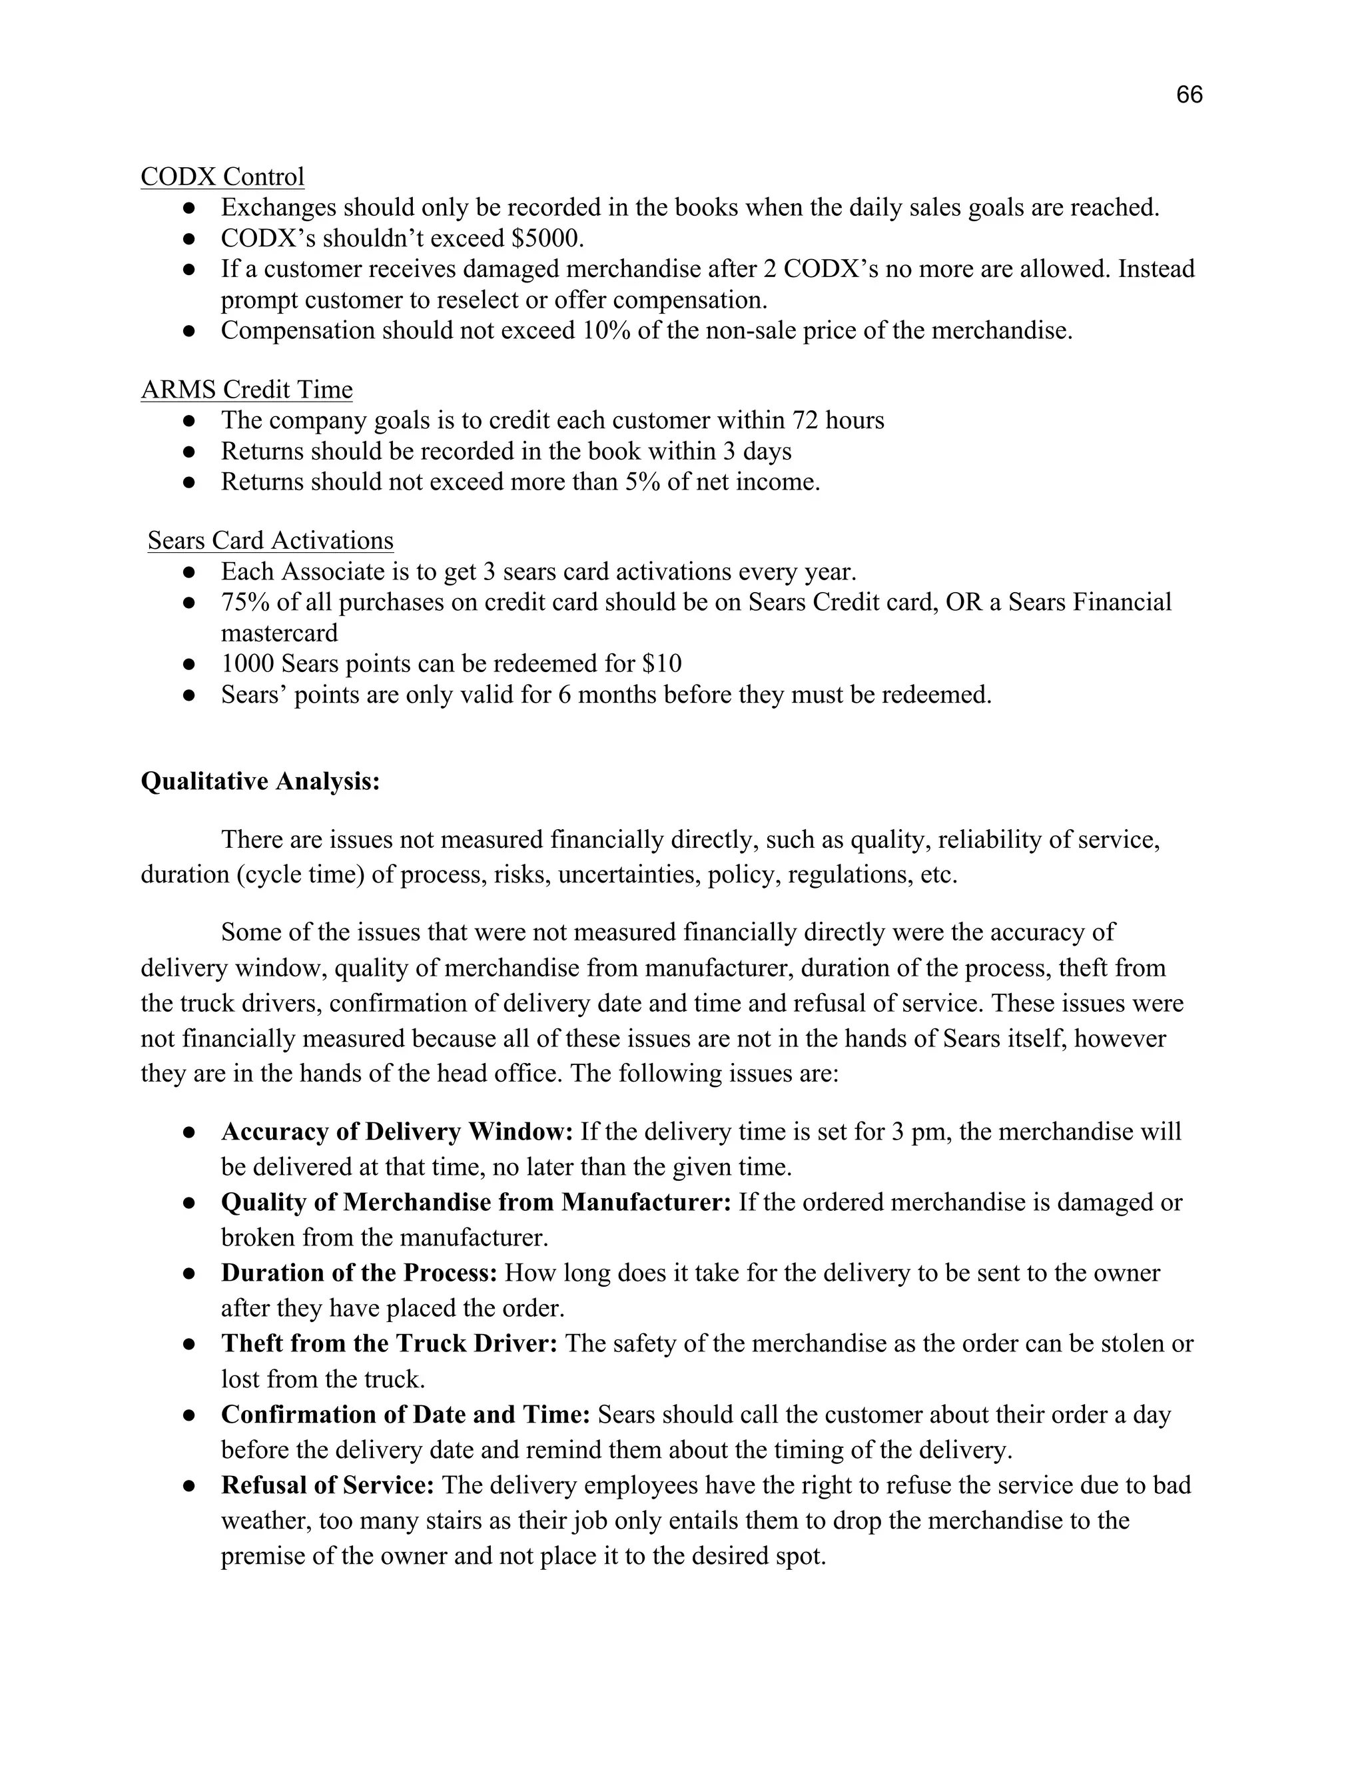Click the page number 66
pos(1189,95)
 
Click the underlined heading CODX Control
pos(222,176)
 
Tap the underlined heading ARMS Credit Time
pos(246,390)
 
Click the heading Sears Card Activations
pos(270,540)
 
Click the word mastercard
pos(280,633)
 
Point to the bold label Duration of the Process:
pos(360,1273)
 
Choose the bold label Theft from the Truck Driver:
pos(390,1343)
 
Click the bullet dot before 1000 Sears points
pos(189,664)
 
